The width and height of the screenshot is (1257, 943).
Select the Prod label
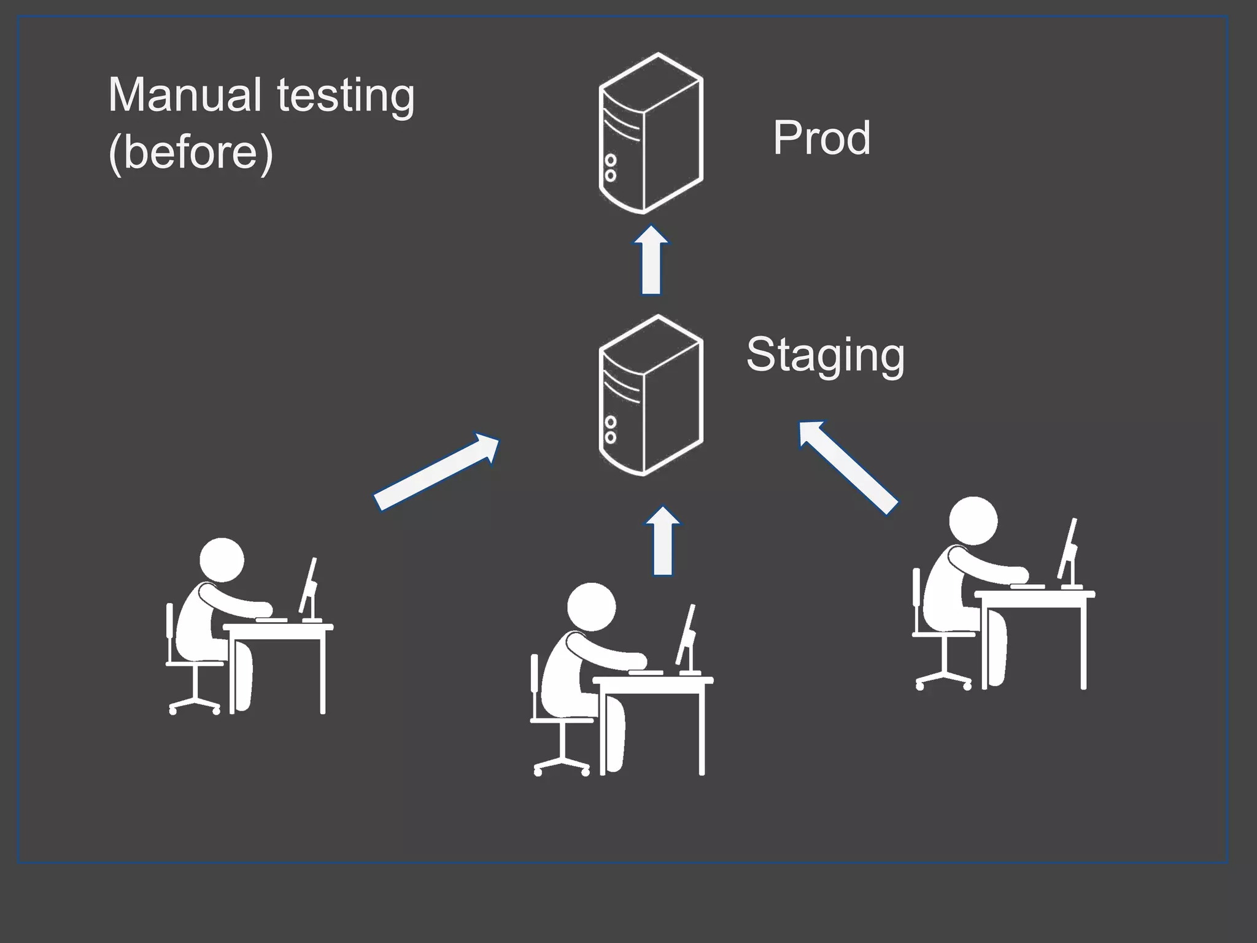tap(821, 137)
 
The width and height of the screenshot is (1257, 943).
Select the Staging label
tap(825, 355)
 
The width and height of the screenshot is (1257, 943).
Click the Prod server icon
tap(651, 133)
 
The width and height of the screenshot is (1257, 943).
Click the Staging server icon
tap(651, 395)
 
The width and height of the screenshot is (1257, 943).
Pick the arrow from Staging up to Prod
tap(651, 261)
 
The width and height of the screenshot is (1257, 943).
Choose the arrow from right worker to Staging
tap(848, 466)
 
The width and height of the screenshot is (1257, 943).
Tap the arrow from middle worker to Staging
tap(663, 541)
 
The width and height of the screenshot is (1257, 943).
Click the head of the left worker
tap(222, 560)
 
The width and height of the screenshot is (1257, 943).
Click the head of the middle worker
tap(591, 607)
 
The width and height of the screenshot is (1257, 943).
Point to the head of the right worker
tap(973, 521)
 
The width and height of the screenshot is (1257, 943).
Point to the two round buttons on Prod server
tap(610, 168)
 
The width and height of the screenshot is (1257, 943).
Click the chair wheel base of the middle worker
tap(562, 765)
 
